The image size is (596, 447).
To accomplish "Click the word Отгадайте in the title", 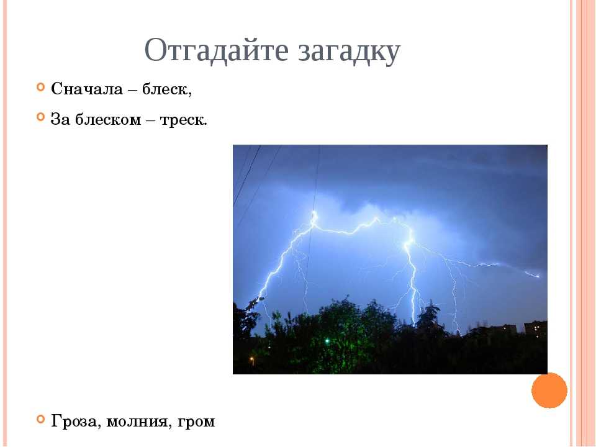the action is (x=216, y=50).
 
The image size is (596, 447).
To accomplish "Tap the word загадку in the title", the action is (x=349, y=52).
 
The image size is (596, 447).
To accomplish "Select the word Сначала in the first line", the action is (x=87, y=89).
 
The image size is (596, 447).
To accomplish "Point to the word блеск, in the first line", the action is (x=167, y=89).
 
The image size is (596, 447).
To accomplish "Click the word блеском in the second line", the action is (x=107, y=119).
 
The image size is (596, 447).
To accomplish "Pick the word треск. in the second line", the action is (x=183, y=120).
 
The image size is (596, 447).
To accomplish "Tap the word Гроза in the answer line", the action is (x=76, y=421).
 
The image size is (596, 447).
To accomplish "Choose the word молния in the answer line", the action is (x=137, y=422).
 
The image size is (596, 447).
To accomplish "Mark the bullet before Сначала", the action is (x=41, y=87).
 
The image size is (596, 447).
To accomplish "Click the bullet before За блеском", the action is (x=41, y=117).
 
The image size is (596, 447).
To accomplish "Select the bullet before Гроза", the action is (x=41, y=419).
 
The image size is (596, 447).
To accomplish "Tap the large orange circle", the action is (x=549, y=391).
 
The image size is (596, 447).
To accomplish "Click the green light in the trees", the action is (x=327, y=341).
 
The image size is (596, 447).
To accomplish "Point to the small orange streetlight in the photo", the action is (x=251, y=358).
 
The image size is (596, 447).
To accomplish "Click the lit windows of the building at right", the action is (x=536, y=327).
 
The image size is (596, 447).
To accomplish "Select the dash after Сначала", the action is (x=132, y=90).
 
